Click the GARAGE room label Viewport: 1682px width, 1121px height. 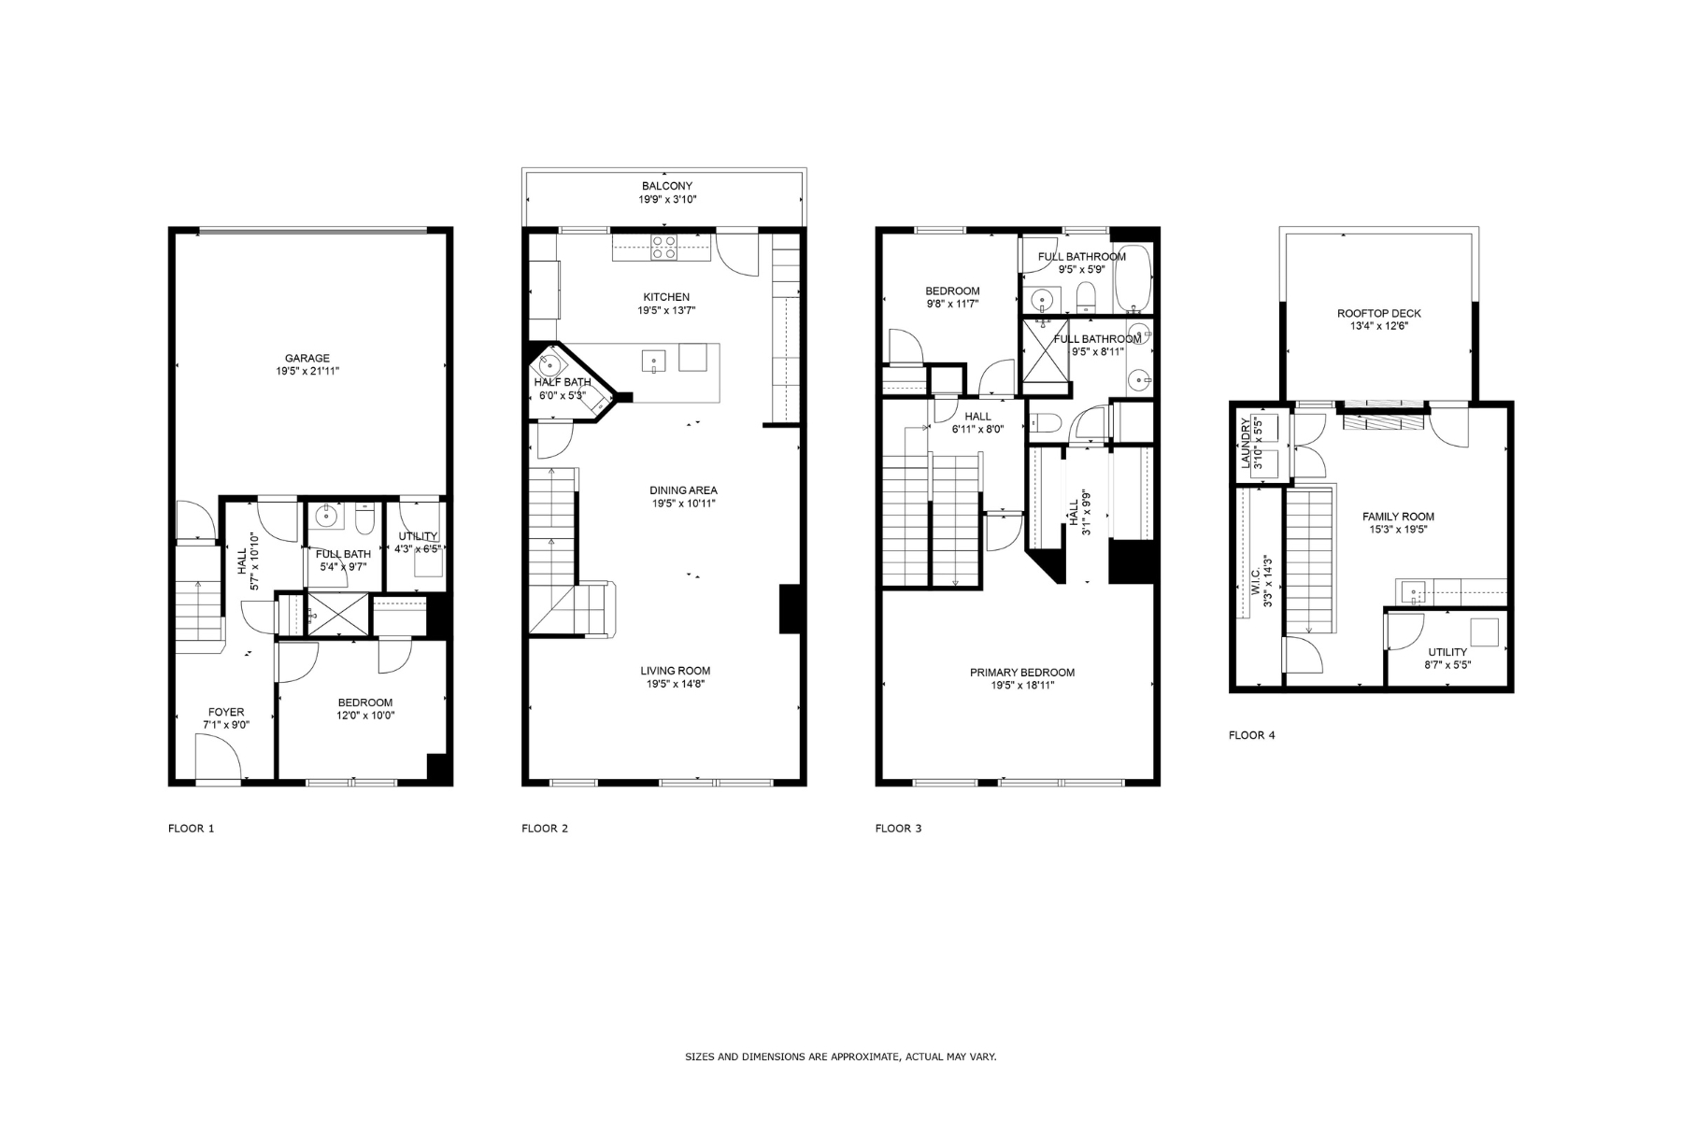307,359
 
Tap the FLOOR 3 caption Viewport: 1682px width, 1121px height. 898,829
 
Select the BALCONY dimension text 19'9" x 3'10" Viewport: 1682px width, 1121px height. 667,200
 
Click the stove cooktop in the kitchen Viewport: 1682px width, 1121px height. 663,247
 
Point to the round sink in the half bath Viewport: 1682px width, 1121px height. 549,365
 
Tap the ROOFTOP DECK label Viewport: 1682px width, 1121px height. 1378,314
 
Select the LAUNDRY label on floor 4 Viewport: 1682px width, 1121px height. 1247,444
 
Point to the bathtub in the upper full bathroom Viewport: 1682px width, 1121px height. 1132,278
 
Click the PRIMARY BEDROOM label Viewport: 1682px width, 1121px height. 1021,673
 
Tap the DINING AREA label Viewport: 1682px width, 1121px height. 683,490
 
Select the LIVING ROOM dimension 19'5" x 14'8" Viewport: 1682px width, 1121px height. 675,684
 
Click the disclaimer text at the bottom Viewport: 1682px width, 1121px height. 841,1057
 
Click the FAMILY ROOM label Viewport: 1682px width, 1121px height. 1398,517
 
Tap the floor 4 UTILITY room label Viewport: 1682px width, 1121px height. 1447,652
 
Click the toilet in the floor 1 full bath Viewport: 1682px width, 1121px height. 365,517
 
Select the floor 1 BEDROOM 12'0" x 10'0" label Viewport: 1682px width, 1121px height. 364,709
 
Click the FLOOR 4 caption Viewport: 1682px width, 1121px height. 1251,735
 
